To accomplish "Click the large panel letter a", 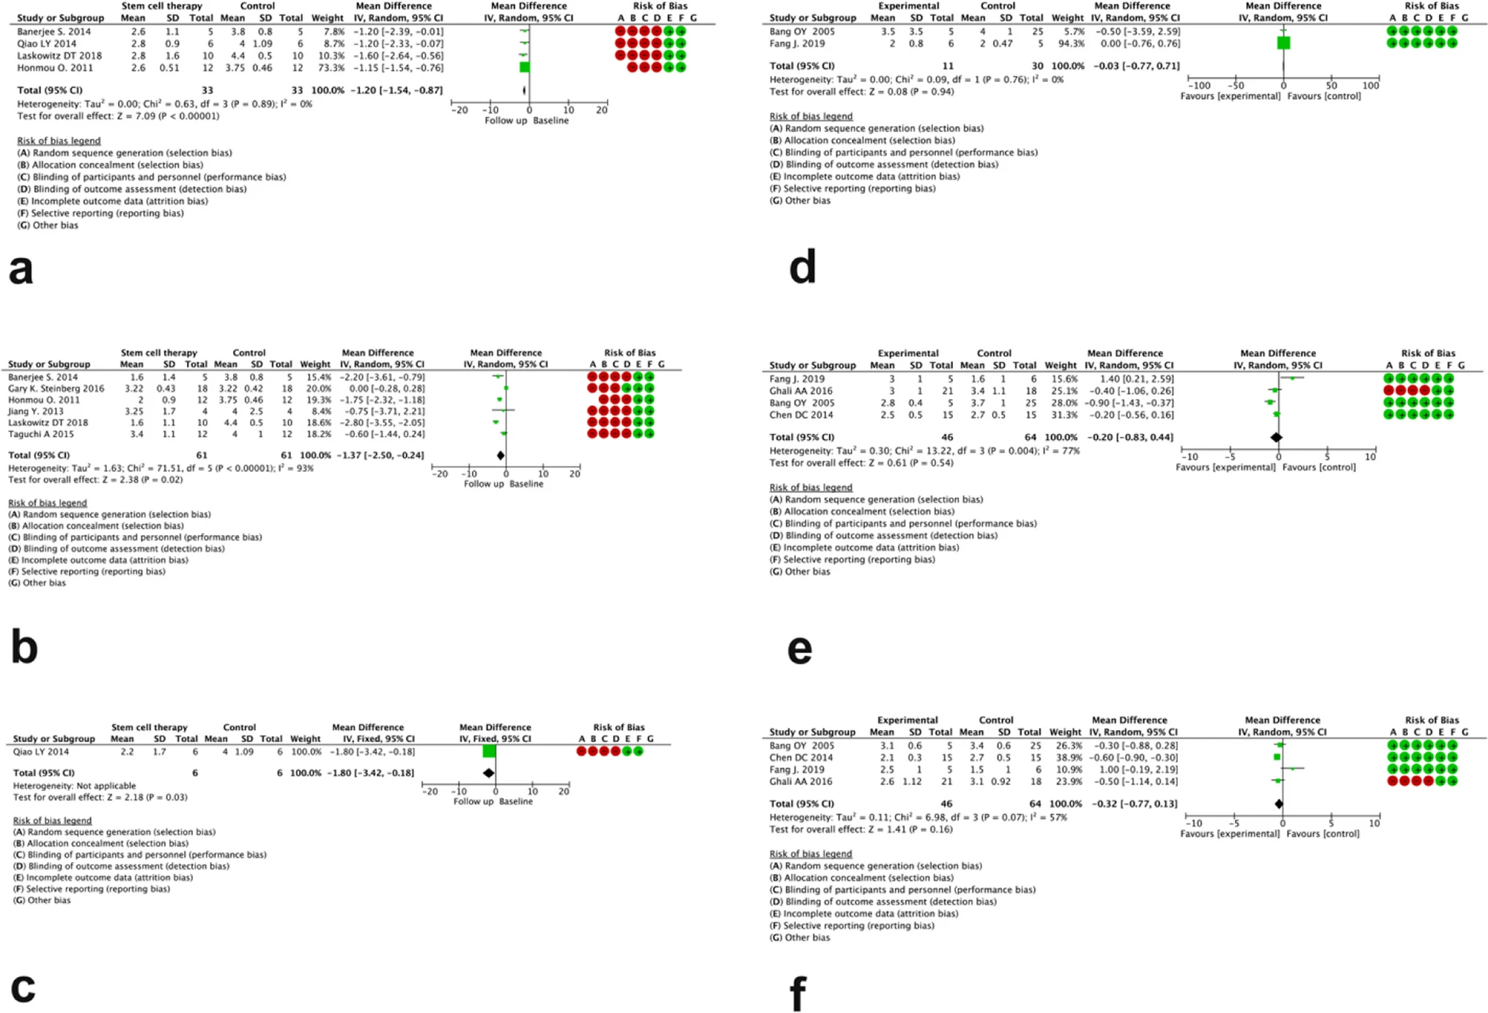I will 21,270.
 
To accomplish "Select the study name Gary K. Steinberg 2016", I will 56,388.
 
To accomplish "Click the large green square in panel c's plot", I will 490,751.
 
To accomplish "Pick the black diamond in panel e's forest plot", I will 1276,438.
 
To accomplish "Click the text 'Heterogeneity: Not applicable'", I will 74,786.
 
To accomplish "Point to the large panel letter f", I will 798,993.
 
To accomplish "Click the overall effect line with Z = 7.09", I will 118,116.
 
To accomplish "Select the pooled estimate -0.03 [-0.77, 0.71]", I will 1137,66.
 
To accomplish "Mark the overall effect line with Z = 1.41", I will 861,830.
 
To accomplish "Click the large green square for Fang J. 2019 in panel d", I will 1283,43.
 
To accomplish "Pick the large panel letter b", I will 24,647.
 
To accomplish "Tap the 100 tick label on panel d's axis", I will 1371,86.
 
